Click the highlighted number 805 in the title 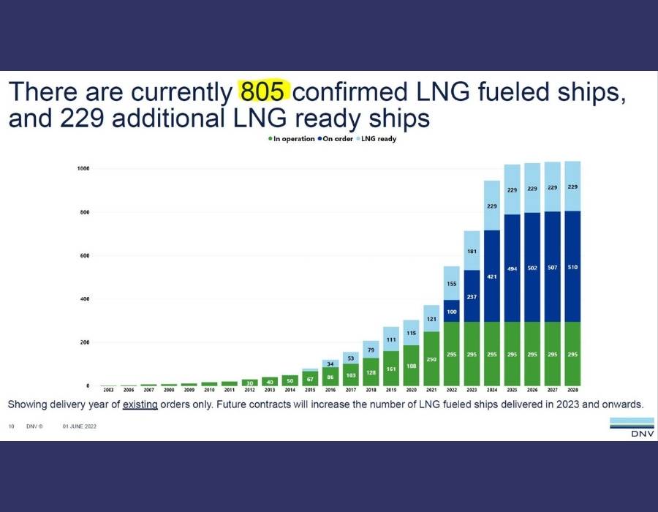[265, 92]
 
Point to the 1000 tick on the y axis [83, 169]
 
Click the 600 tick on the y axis [84, 256]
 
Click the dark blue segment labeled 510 [572, 266]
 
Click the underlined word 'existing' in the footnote [140, 404]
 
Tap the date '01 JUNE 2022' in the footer [80, 426]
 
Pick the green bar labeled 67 [310, 378]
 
